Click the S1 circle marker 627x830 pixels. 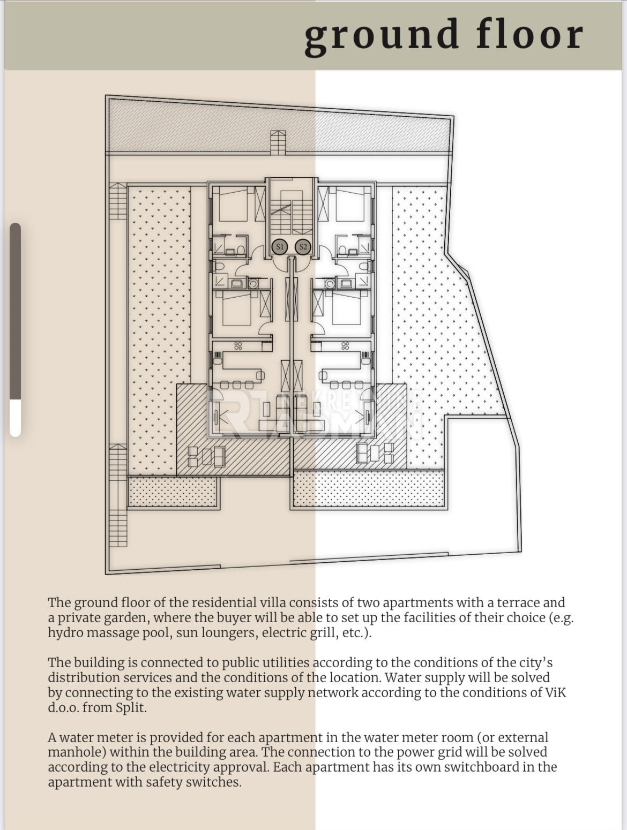click(280, 247)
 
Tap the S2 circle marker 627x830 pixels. click(303, 247)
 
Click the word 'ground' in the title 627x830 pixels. click(382, 36)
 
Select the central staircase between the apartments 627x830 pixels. click(292, 212)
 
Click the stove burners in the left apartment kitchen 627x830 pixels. click(238, 345)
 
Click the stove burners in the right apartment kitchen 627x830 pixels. click(345, 345)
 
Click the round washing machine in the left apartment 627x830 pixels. click(253, 283)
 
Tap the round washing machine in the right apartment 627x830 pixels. click(330, 283)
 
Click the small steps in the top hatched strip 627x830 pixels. click(278, 142)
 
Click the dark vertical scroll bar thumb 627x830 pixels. click(15, 311)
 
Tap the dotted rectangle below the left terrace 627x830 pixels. click(173, 492)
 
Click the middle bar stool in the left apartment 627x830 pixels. click(237, 385)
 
